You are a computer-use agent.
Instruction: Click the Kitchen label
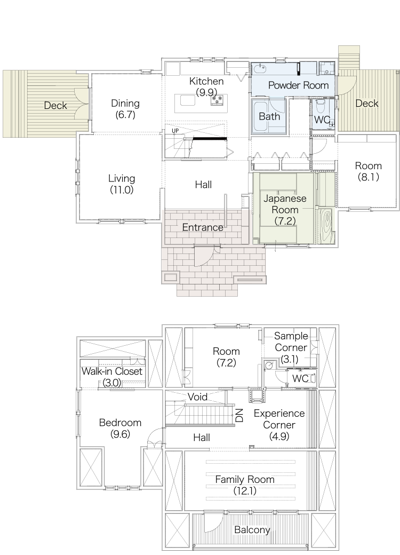tap(206, 81)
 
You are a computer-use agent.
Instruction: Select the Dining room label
tap(125, 104)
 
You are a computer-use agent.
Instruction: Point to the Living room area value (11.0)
tap(121, 190)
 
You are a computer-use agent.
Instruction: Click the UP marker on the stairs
tap(175, 131)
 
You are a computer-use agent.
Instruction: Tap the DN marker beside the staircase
tap(239, 415)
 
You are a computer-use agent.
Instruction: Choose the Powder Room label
tap(299, 85)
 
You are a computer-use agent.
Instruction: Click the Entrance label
tap(203, 227)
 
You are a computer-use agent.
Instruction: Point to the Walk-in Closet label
tap(112, 371)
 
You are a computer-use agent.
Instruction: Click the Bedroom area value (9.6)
tap(120, 433)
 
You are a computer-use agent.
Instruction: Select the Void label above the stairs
tap(197, 397)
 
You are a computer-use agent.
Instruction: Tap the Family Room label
tap(245, 480)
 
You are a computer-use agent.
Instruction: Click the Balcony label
tap(252, 530)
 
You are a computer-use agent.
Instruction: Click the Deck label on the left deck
tap(55, 106)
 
